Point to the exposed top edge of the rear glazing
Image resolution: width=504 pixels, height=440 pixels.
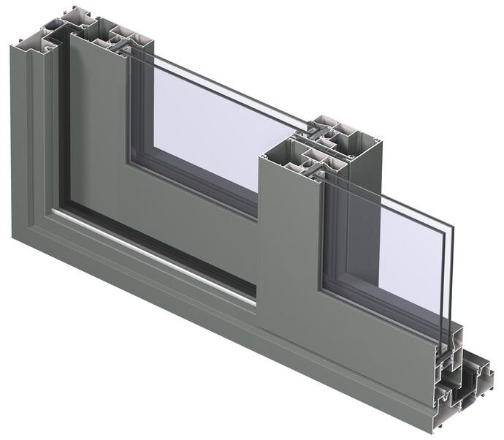219,80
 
